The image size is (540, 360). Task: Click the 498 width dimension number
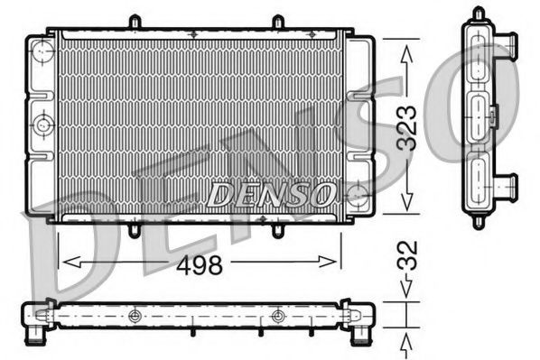click(199, 263)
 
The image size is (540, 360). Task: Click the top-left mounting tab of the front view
click(134, 21)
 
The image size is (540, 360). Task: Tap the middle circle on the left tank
click(42, 125)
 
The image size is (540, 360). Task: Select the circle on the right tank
click(357, 192)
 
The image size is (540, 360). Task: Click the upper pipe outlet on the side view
click(508, 42)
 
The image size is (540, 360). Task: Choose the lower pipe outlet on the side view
click(508, 185)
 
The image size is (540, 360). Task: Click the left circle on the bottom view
click(135, 316)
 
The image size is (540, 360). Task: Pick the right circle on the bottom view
click(277, 316)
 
